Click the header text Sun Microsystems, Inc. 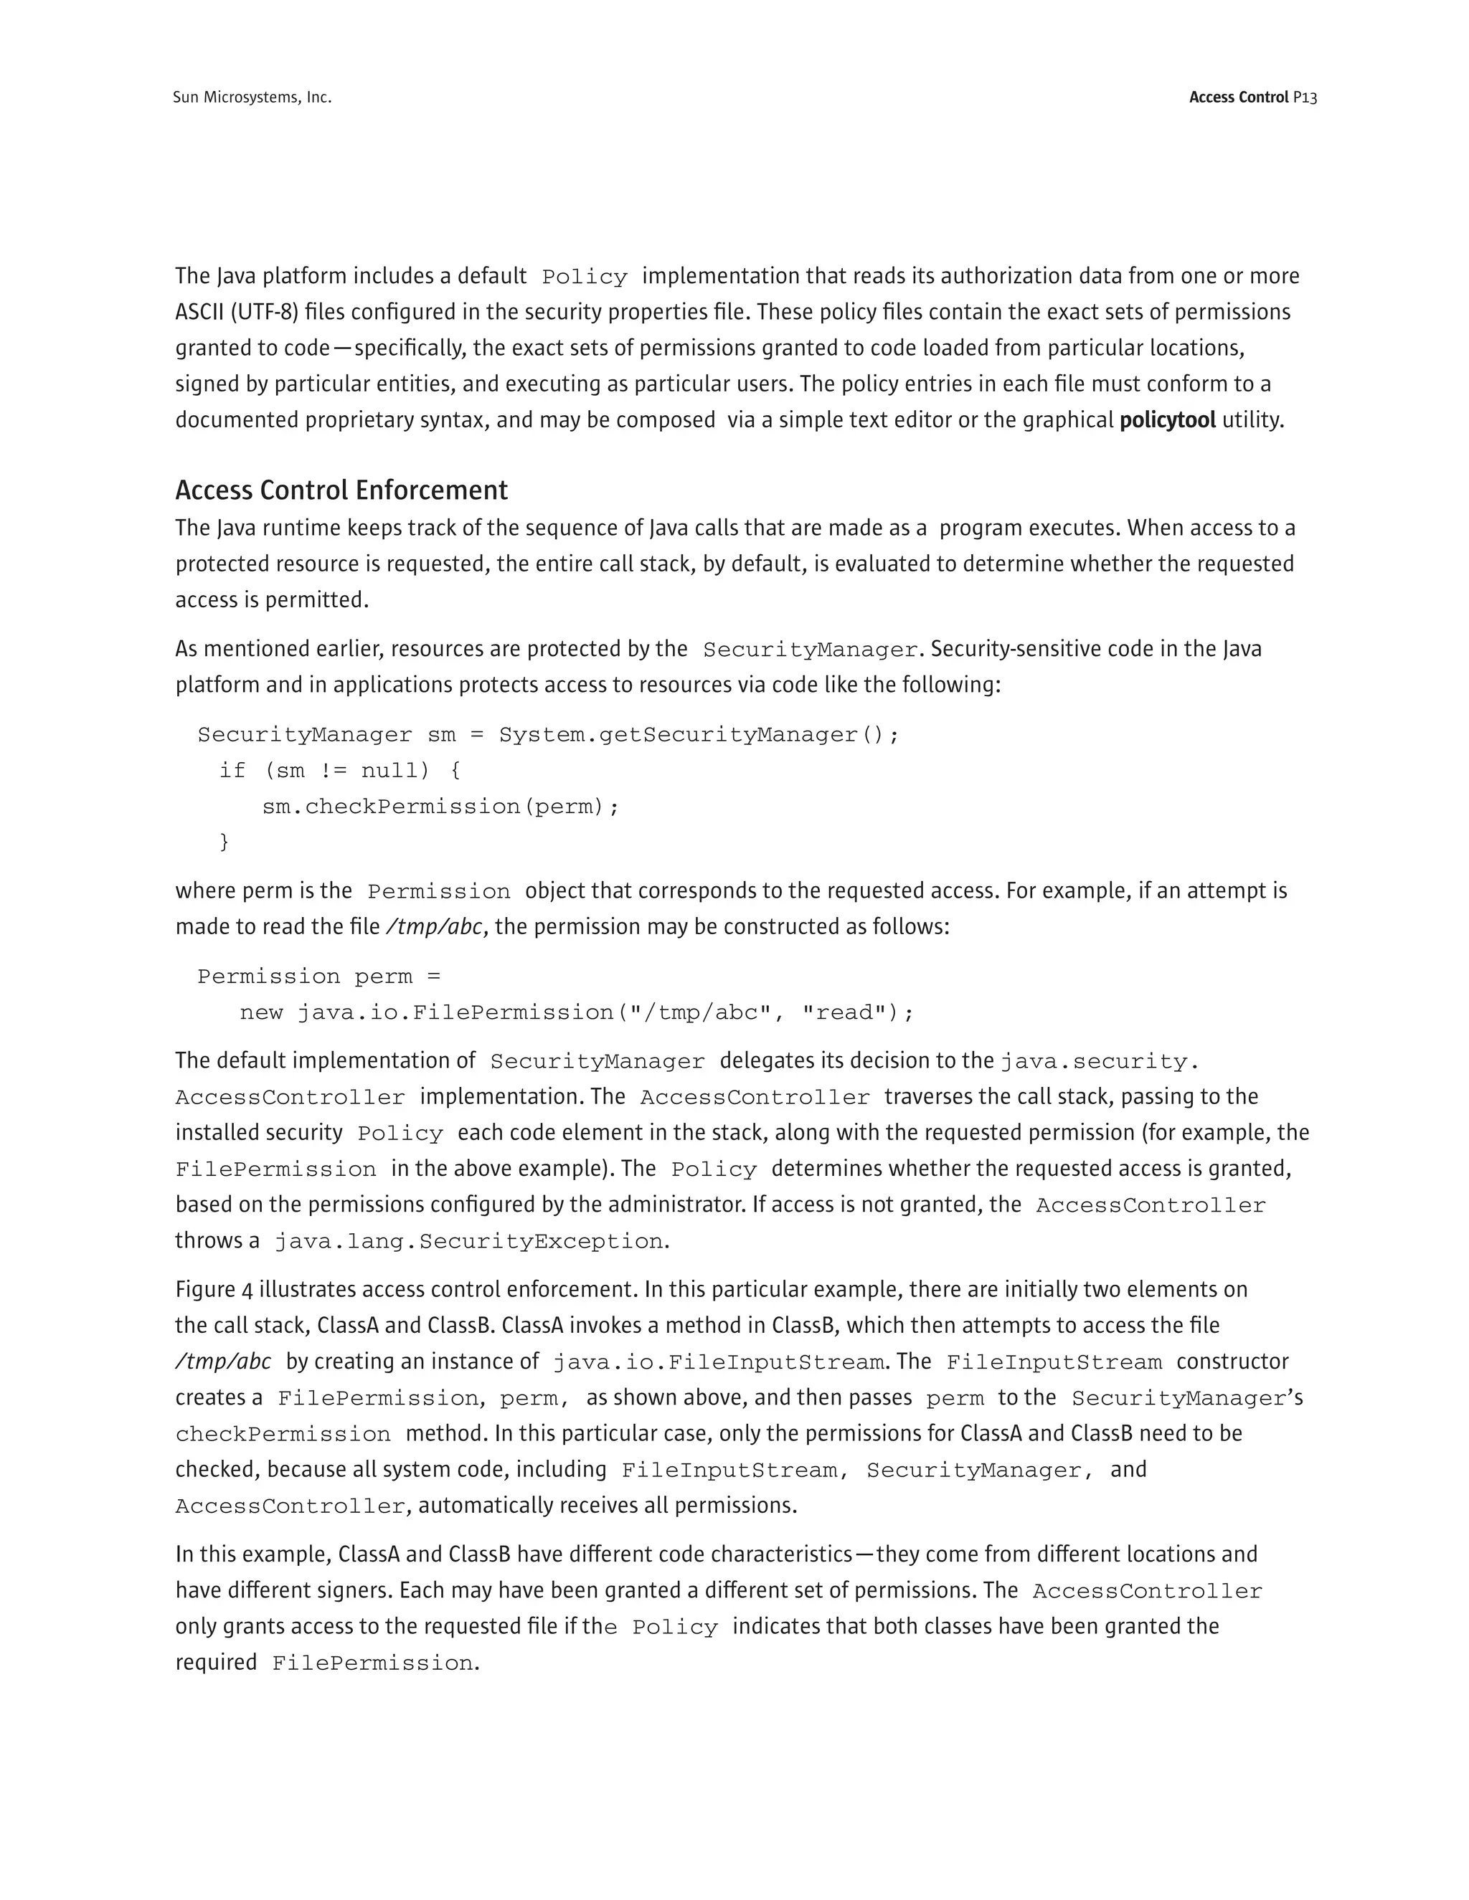pyautogui.click(x=252, y=98)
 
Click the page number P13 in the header pyautogui.click(x=1305, y=98)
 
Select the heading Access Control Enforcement pyautogui.click(x=341, y=490)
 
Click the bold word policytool pyautogui.click(x=1167, y=421)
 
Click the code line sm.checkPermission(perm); pyautogui.click(x=440, y=807)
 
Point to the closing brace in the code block pyautogui.click(x=224, y=842)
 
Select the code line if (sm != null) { pyautogui.click(x=339, y=771)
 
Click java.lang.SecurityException pyautogui.click(x=469, y=1241)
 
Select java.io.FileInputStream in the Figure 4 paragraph pyautogui.click(x=719, y=1362)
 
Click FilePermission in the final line pyautogui.click(x=373, y=1663)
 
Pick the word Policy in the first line pyautogui.click(x=584, y=277)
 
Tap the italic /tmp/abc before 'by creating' pyautogui.click(x=223, y=1362)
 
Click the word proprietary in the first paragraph pyautogui.click(x=359, y=421)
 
